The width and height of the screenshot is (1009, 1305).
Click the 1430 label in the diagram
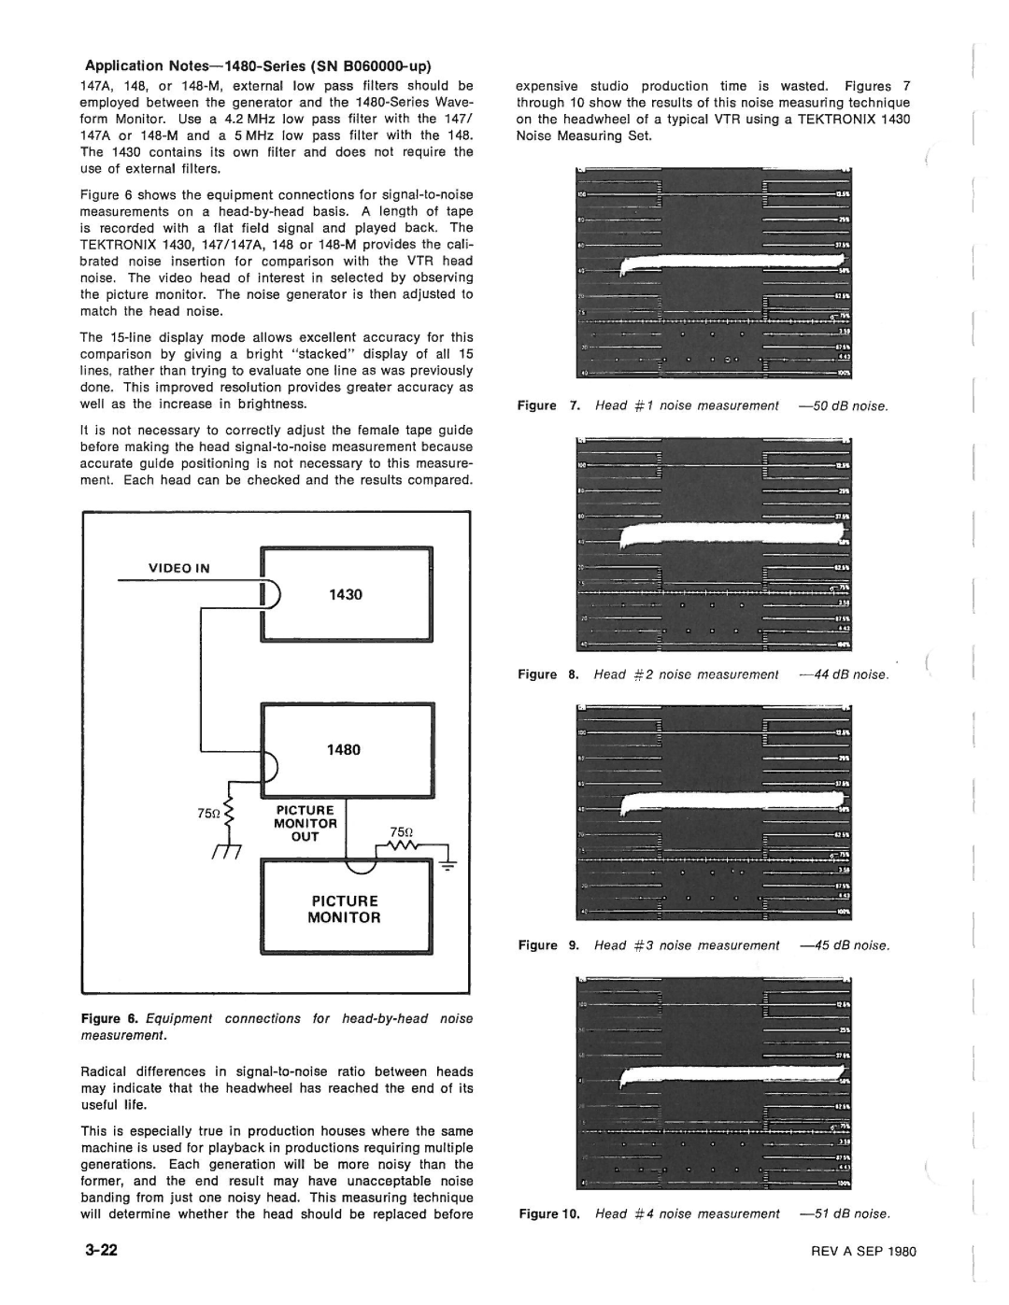[345, 594]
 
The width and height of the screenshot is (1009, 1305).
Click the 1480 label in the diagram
[344, 749]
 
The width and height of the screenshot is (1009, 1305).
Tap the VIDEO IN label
[177, 568]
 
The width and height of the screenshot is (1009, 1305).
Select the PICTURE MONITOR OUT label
[304, 824]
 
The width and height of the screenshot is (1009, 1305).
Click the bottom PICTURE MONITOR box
[346, 909]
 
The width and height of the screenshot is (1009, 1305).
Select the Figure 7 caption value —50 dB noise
[844, 405]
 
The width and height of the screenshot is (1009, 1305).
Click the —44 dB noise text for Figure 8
[844, 674]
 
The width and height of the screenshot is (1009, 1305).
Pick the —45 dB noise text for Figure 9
[845, 945]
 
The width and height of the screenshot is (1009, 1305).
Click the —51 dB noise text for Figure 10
[845, 1213]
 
